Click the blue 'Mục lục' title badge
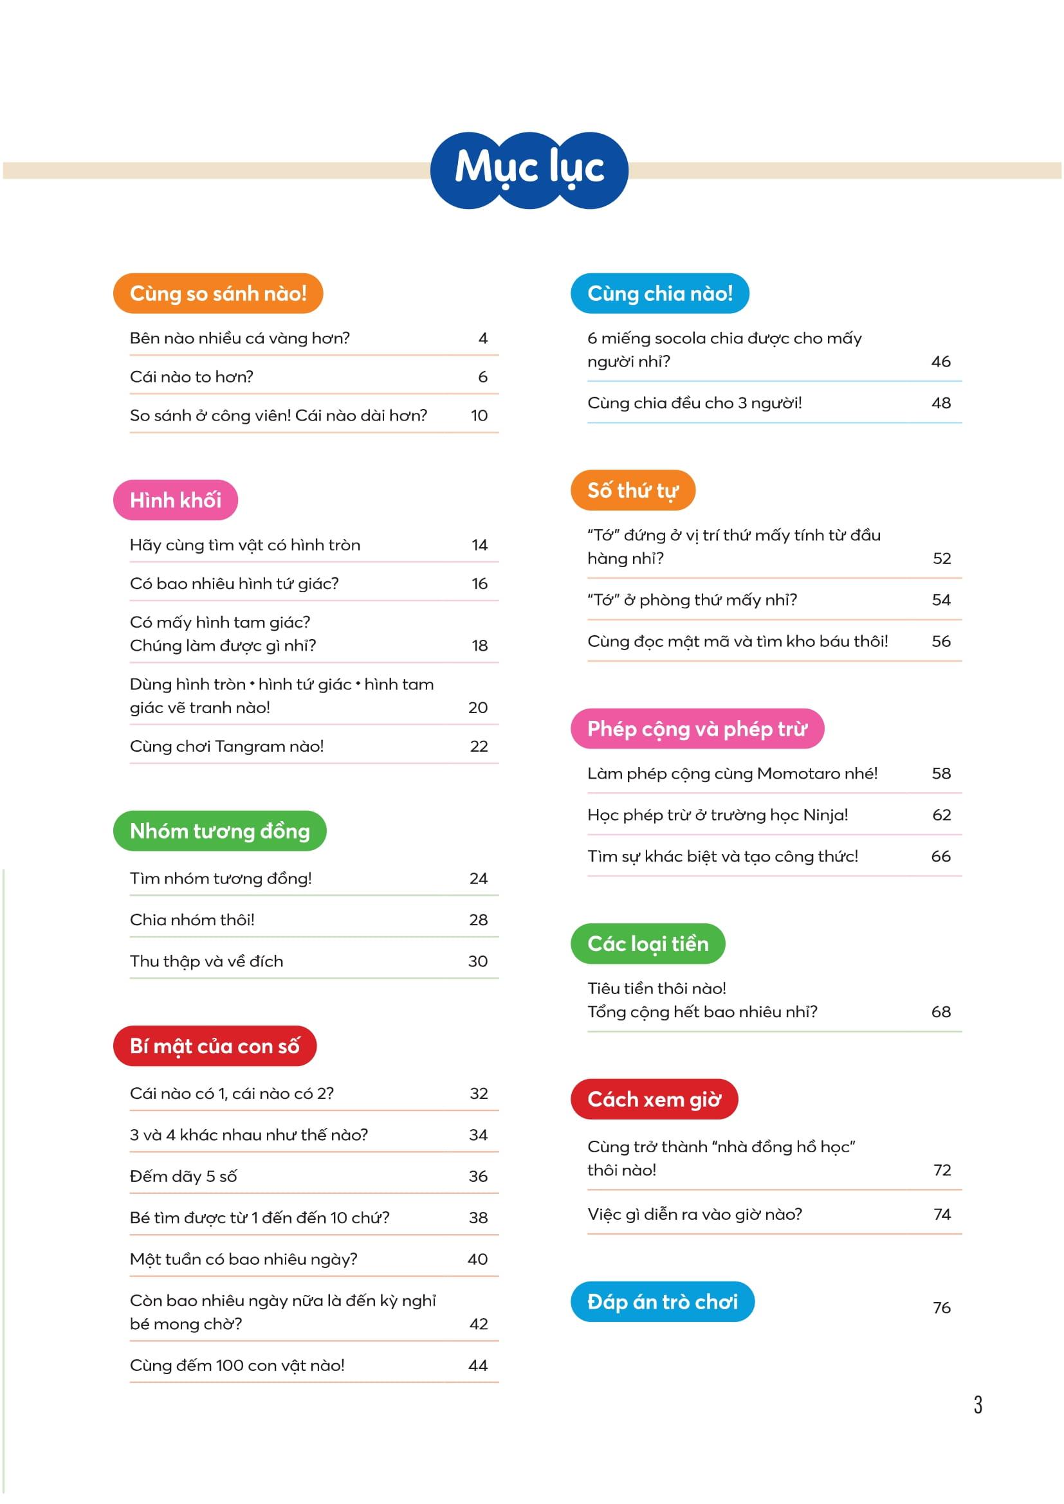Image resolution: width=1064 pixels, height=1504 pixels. click(x=529, y=170)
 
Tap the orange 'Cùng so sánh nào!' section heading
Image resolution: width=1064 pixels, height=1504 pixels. click(x=218, y=293)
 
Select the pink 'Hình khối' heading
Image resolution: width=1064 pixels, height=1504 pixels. click(x=176, y=500)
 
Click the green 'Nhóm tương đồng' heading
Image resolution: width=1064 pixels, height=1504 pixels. click(x=219, y=831)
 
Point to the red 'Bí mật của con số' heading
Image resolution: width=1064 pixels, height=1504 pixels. click(x=214, y=1046)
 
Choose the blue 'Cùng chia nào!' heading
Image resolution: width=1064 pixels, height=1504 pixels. click(x=660, y=293)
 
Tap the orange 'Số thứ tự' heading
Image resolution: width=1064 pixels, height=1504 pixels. click(x=632, y=491)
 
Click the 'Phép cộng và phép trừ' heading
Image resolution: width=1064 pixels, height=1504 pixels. click(x=697, y=729)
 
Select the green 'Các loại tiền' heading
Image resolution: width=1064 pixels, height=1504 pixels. click(x=648, y=944)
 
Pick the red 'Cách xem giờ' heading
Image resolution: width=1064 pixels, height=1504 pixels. click(x=654, y=1099)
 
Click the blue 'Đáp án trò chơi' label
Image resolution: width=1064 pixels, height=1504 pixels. click(x=663, y=1301)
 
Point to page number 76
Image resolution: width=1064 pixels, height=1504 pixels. click(x=942, y=1308)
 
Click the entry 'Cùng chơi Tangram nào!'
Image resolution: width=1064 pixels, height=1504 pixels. click(x=226, y=747)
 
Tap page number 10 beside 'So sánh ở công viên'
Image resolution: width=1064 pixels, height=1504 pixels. click(x=479, y=415)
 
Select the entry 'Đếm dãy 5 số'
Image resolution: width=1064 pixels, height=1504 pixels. click(x=183, y=1177)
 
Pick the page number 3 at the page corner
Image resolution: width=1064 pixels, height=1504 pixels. click(x=978, y=1404)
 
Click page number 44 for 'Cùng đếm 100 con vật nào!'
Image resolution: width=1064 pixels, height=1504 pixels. click(x=477, y=1366)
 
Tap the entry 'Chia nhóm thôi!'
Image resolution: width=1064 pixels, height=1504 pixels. click(x=192, y=920)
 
